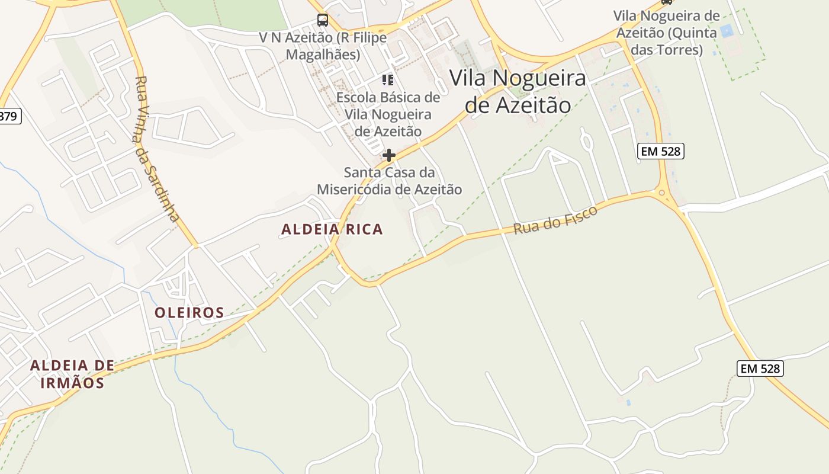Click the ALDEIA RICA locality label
pos(332,229)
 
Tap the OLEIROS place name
pos(189,313)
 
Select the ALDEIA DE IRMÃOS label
pos(72,374)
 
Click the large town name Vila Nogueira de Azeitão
pos(518,91)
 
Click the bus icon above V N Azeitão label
pos(323,20)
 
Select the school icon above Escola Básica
pos(388,79)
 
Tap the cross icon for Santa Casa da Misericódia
pos(389,155)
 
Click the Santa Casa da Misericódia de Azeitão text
pos(389,181)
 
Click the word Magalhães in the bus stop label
pos(323,55)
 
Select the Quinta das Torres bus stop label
pos(666,33)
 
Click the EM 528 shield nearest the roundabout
pos(661,151)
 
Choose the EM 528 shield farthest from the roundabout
pos(760,369)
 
